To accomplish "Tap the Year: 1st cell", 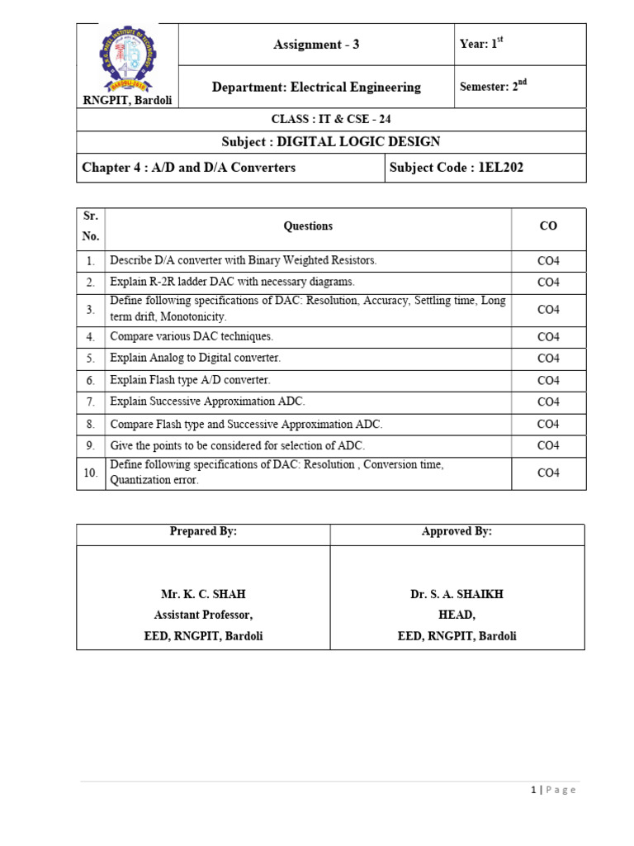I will pos(481,45).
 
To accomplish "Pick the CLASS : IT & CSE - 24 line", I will pos(332,120).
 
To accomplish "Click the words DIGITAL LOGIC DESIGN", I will pos(358,142).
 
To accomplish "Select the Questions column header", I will pos(308,226).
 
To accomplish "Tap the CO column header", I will pos(548,226).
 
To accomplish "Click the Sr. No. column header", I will pos(91,226).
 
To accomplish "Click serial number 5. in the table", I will pos(91,359).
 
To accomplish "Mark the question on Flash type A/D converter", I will pos(190,380).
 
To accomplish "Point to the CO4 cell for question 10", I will pos(548,473).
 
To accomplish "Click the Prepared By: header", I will pos(203,532).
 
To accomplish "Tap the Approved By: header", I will pos(457,532).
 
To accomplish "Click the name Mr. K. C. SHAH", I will pos(203,594).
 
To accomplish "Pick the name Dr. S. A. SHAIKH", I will pos(457,594).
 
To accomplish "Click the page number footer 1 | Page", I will pos(553,790).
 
